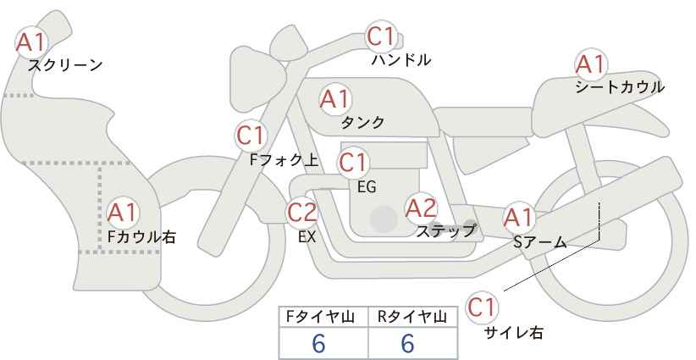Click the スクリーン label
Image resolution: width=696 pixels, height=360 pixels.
click(x=65, y=65)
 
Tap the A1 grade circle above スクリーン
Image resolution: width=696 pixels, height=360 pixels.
click(x=31, y=42)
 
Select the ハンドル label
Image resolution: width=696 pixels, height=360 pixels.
click(x=401, y=59)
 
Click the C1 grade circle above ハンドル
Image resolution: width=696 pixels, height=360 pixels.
click(x=381, y=36)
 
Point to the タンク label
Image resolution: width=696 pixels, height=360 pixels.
click(x=362, y=122)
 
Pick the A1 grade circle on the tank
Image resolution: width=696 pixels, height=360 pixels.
click(x=335, y=99)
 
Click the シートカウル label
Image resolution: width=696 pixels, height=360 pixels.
click(x=620, y=86)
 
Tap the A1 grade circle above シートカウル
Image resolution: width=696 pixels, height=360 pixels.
click(x=591, y=64)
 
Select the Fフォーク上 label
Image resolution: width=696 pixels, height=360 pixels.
click(x=284, y=160)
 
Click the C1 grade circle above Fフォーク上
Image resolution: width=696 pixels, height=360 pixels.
click(x=251, y=136)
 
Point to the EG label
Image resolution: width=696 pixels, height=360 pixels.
click(x=367, y=187)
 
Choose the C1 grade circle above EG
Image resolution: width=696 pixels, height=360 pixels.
click(x=353, y=163)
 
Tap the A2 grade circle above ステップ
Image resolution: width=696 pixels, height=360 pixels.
click(x=422, y=208)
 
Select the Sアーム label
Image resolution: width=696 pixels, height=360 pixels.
click(x=540, y=242)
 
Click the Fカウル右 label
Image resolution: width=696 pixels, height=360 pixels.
click(x=142, y=236)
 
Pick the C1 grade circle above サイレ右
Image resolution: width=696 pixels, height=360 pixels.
click(x=483, y=307)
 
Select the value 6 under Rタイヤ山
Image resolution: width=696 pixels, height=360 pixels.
click(x=407, y=343)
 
